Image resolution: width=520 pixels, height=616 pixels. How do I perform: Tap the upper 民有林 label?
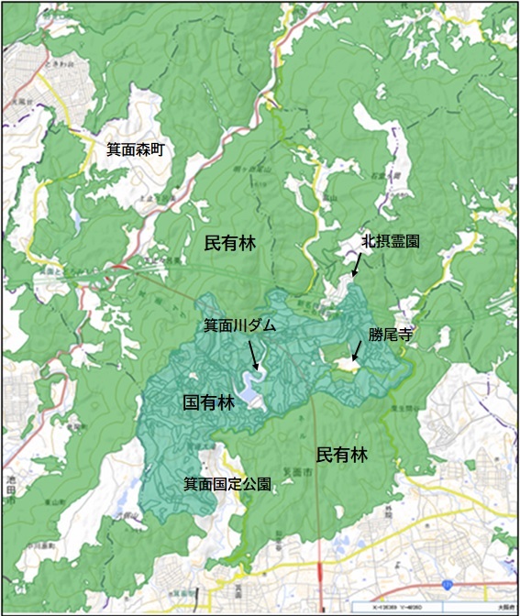pos(230,243)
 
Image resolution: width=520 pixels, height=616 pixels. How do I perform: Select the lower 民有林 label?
pos(342,455)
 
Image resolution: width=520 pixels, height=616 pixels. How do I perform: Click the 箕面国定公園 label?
pos(227,484)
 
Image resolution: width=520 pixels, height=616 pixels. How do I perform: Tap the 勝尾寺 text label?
pos(388,335)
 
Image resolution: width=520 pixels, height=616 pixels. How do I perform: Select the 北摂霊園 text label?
pos(391,242)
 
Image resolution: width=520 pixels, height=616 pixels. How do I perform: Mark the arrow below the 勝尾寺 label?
pos(357,352)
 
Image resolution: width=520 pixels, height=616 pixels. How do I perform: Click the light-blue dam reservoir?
pos(249,390)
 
